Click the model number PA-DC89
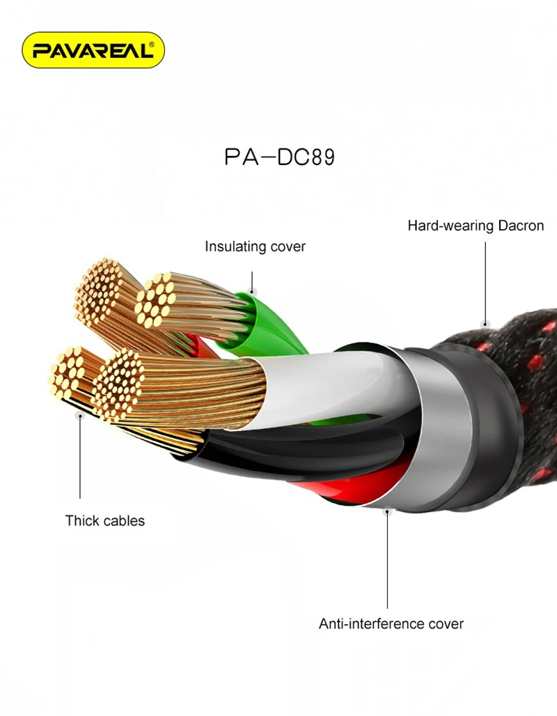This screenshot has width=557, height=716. coord(279,157)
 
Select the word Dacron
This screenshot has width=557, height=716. coord(521,226)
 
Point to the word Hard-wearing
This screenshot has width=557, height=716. coord(451,226)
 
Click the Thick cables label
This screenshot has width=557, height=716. coord(105,520)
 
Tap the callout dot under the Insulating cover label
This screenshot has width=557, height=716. coord(253,292)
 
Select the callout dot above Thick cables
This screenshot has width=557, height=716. coord(79,417)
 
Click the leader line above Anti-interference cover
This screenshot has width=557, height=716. coord(387,564)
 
